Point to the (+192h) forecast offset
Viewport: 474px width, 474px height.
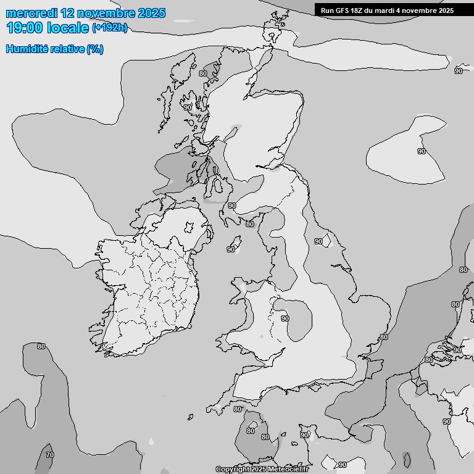109,28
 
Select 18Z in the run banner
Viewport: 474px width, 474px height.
359,10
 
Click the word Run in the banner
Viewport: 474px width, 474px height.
326,10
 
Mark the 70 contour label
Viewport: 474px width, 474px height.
49,455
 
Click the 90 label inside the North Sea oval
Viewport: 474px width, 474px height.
422,151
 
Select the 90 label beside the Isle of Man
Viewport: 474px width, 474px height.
230,250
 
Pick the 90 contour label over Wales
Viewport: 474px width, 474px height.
285,318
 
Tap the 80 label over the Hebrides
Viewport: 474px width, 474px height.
203,73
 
